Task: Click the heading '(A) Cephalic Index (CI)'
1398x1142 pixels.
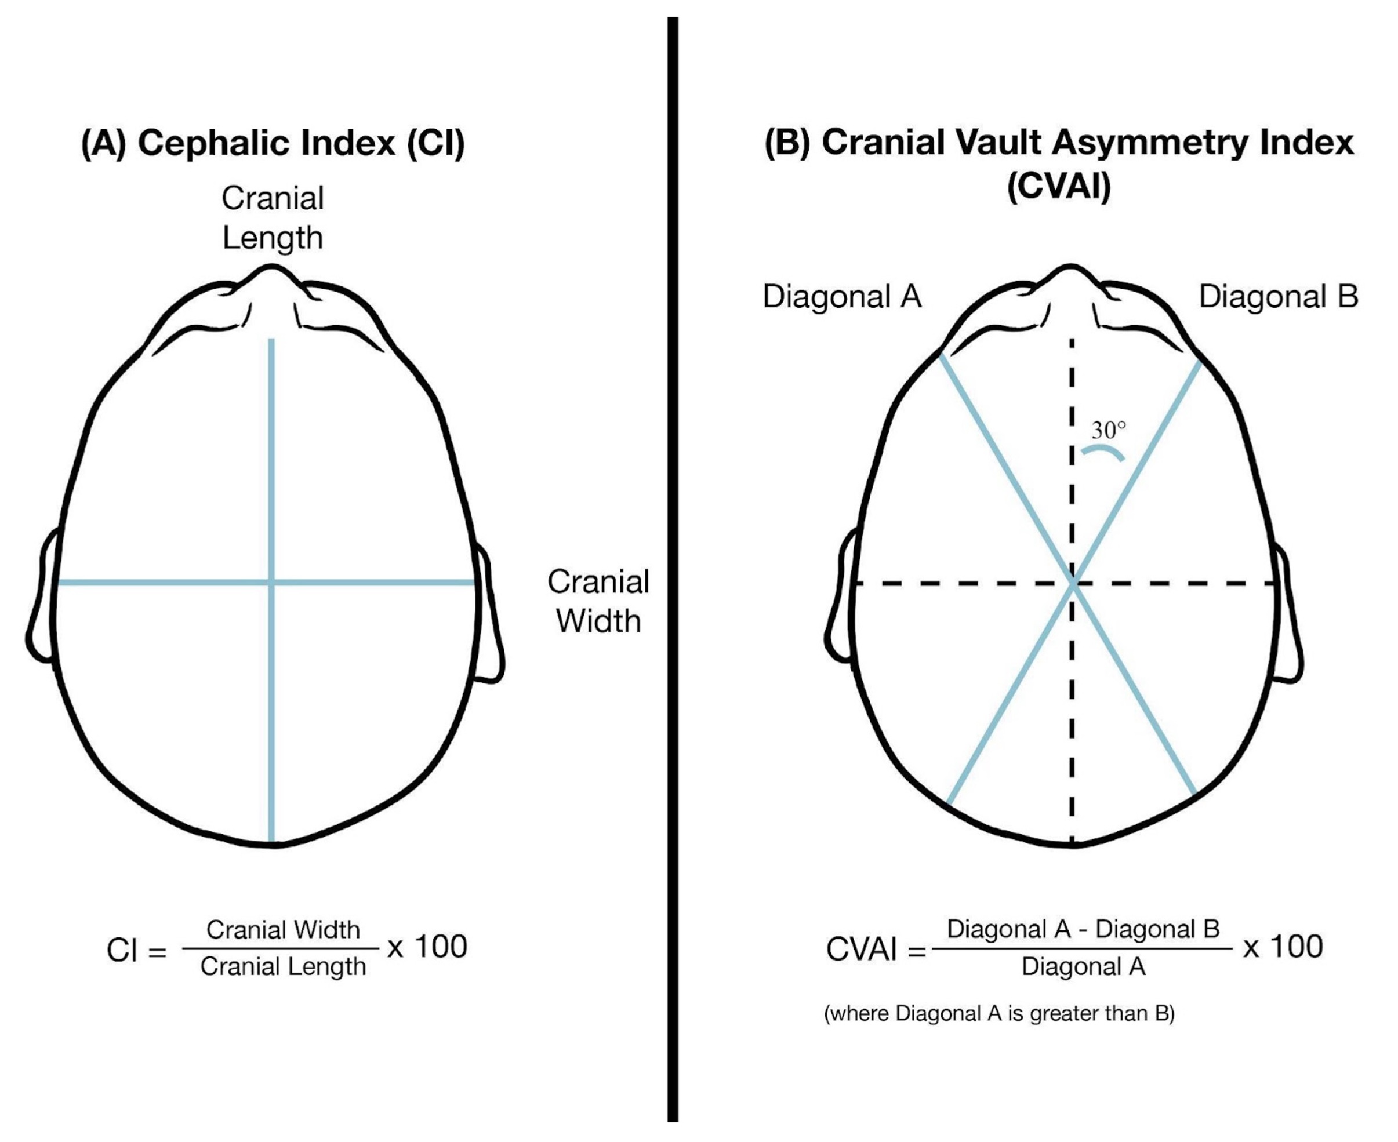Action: point(273,143)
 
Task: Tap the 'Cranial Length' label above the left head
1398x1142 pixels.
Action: point(273,218)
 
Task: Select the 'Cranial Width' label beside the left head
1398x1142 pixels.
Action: point(598,601)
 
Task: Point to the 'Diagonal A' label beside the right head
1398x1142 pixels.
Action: point(841,297)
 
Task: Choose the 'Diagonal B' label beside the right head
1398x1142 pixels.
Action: point(1277,297)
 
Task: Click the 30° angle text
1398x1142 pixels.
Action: point(1108,431)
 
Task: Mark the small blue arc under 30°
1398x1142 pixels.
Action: point(1103,451)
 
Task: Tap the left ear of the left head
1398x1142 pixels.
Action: point(41,599)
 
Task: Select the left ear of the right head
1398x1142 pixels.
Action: point(840,599)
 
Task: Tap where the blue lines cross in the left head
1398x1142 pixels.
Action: point(271,582)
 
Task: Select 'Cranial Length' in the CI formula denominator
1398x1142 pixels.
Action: point(283,966)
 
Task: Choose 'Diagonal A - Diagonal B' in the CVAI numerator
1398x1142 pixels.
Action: point(1082,929)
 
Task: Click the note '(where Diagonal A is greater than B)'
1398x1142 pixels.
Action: point(998,1013)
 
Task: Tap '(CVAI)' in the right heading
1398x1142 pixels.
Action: point(1059,186)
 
